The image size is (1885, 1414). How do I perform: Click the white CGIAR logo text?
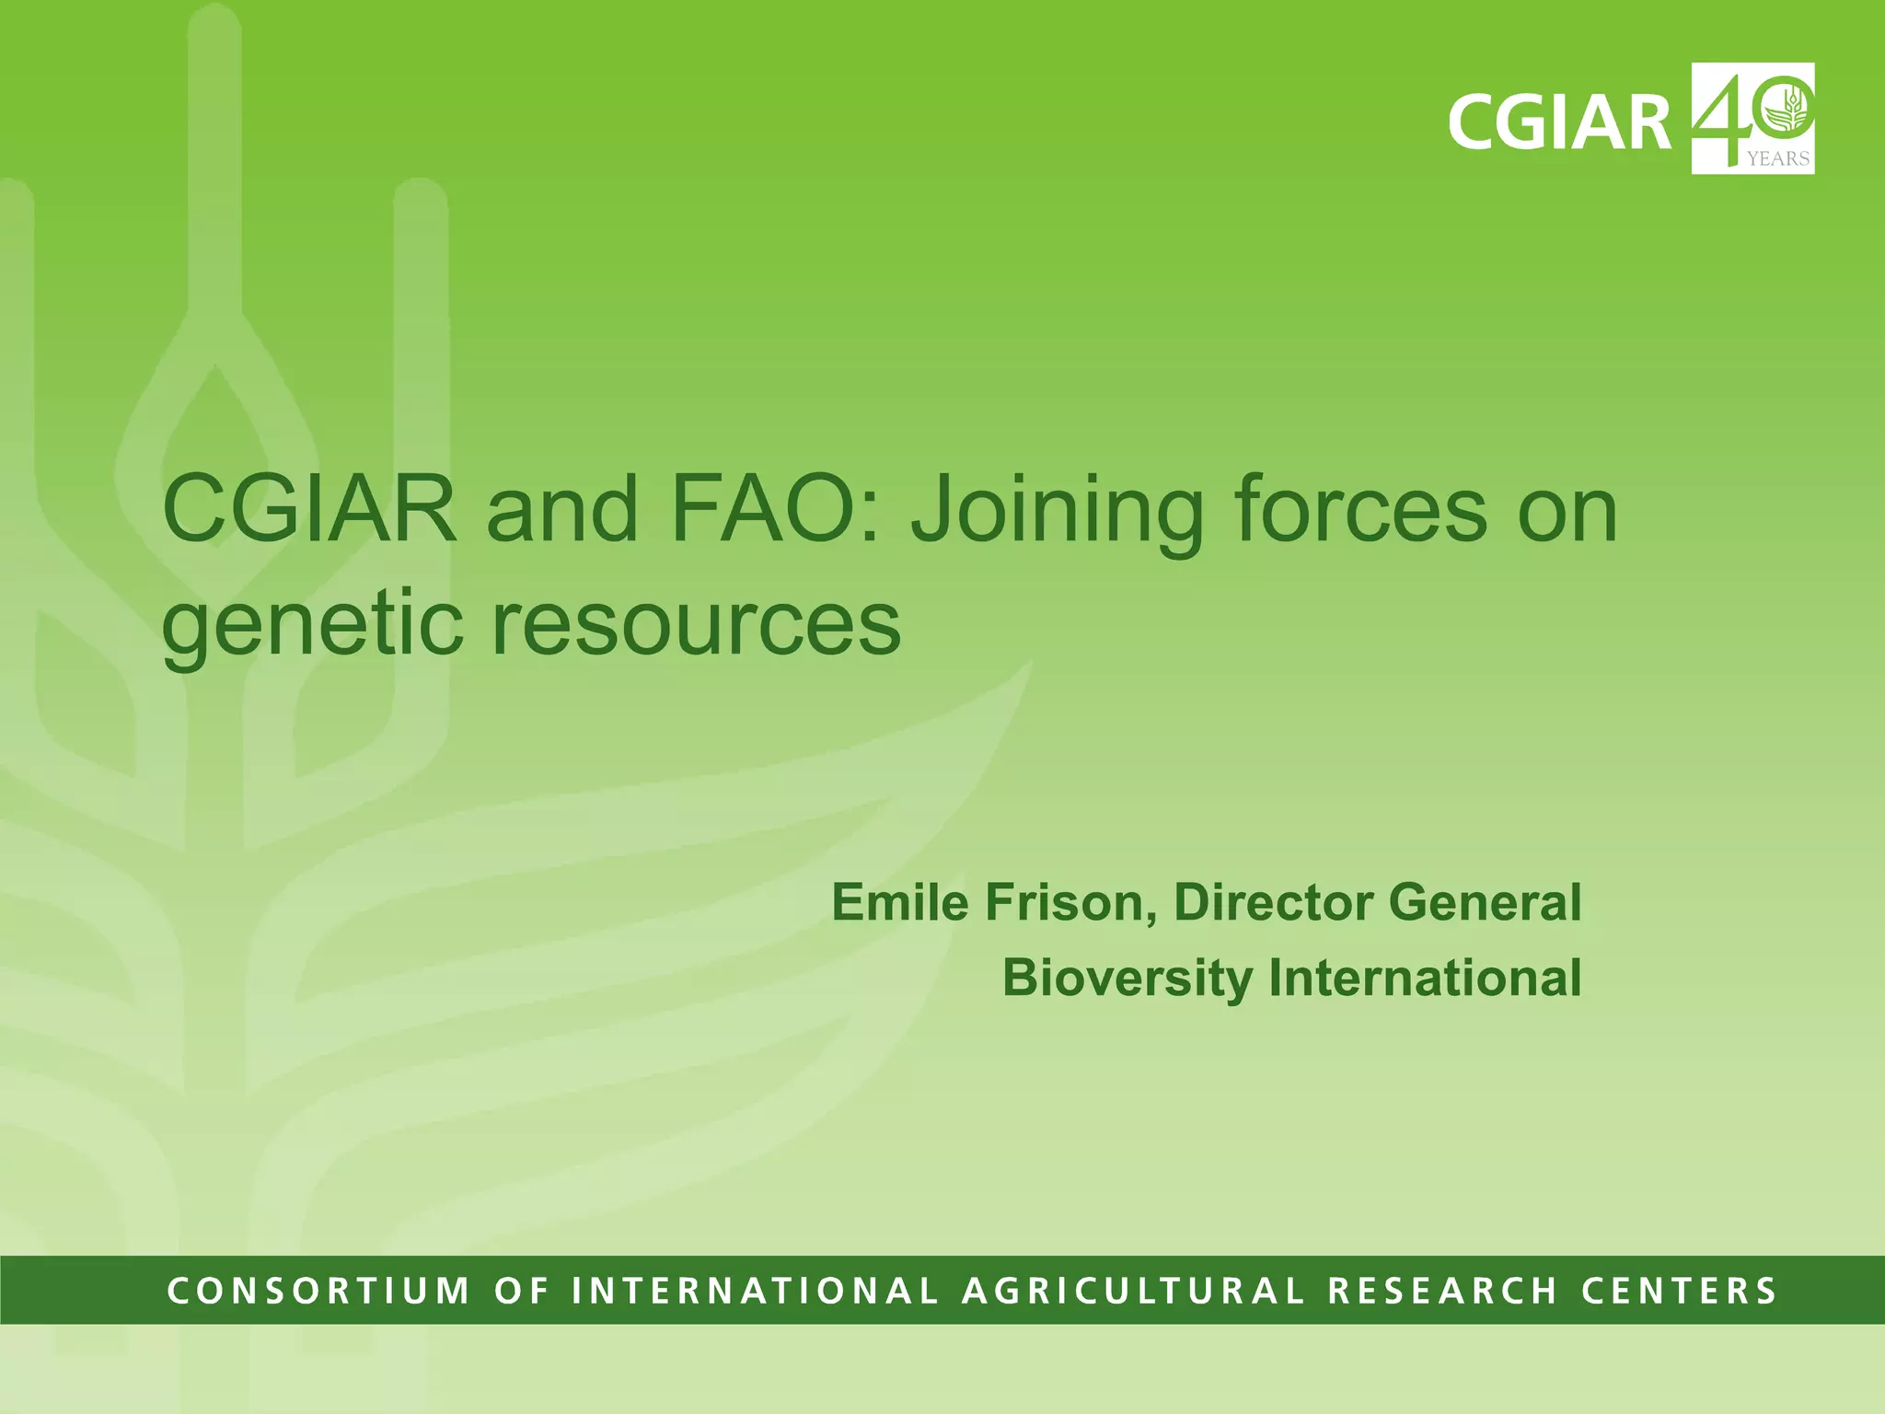1559,122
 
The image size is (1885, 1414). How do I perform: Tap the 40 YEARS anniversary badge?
1752,118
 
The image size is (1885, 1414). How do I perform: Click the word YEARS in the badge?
1778,159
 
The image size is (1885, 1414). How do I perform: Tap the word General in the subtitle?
1485,902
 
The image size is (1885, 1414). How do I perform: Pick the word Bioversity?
1128,978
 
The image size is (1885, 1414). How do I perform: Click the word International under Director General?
1425,978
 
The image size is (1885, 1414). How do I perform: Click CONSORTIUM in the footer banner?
318,1291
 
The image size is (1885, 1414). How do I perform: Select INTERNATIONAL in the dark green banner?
755,1291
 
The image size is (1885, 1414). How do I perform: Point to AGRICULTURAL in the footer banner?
1133,1291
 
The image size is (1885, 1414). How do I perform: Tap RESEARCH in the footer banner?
1442,1291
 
